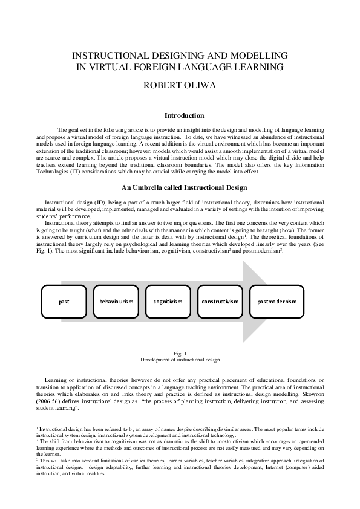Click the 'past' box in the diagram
tap(63, 301)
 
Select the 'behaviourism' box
tap(116, 301)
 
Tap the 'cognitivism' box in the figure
tap(168, 301)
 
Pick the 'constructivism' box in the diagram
tap(220, 301)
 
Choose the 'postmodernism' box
tap(277, 301)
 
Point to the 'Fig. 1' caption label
tap(180, 352)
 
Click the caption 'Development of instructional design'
tap(180, 359)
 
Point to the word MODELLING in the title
tap(246, 53)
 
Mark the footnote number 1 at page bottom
tap(37, 427)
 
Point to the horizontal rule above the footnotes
tap(79, 423)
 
